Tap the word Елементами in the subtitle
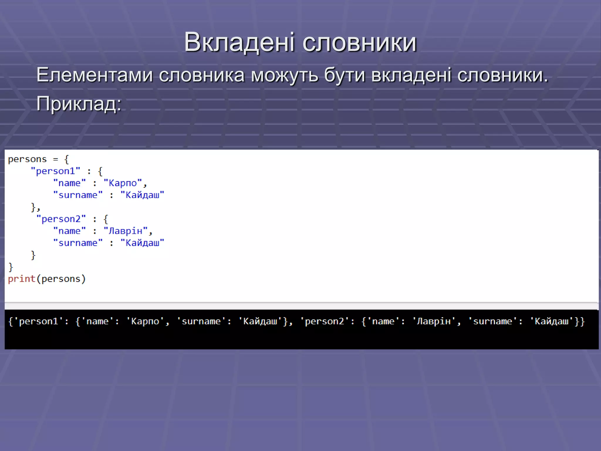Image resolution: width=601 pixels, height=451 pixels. (94, 75)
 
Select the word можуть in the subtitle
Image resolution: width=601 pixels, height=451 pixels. (284, 75)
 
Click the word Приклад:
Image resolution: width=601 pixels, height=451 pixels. (79, 104)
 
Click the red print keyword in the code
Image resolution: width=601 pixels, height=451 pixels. (21, 279)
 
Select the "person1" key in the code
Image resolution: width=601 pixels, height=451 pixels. (55, 171)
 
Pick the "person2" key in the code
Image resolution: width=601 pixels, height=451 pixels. (61, 219)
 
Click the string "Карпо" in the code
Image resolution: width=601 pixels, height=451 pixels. (123, 183)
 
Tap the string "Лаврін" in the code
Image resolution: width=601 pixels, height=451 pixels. (125, 231)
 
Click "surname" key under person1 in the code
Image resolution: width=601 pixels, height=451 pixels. (78, 195)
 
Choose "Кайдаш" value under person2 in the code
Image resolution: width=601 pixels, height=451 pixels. (142, 243)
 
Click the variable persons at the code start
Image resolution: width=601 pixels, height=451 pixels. (27, 159)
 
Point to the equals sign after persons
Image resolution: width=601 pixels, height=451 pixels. (55, 159)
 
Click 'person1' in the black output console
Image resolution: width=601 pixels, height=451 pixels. (38, 321)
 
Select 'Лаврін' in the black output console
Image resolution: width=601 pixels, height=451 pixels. (433, 321)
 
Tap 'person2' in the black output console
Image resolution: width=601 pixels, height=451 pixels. (324, 321)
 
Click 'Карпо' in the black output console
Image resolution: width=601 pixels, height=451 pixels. (145, 321)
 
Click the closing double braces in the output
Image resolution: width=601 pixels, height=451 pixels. (580, 322)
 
